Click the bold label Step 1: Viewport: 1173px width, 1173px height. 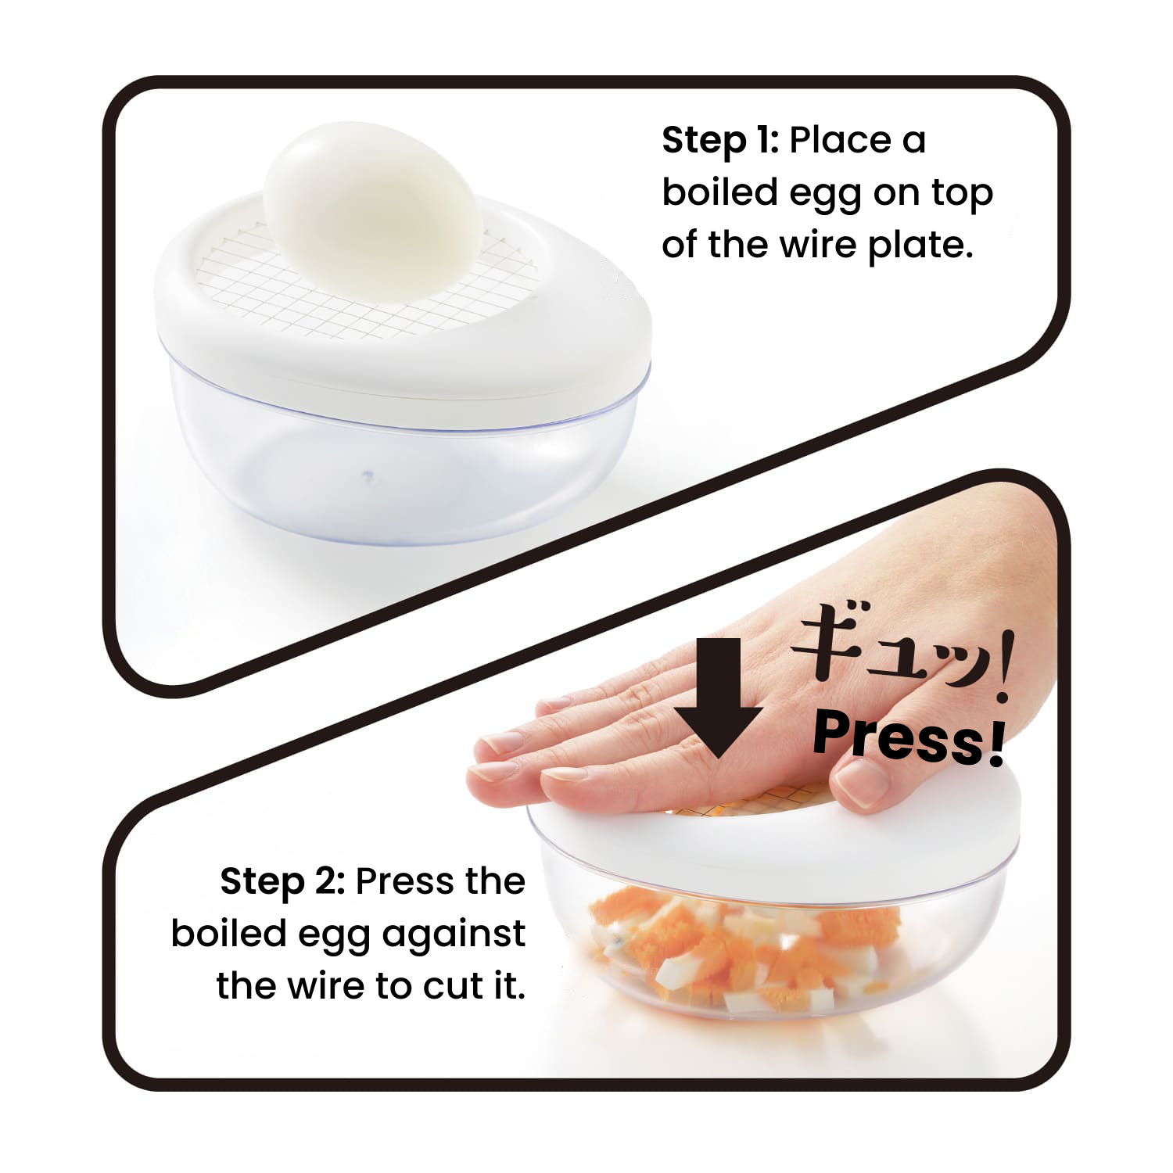pyautogui.click(x=719, y=142)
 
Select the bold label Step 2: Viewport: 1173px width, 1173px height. pyautogui.click(x=282, y=882)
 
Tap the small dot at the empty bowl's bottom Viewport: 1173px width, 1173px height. pyautogui.click(x=365, y=474)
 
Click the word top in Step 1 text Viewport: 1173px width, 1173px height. pyautogui.click(x=962, y=195)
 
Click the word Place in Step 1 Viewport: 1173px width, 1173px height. pyautogui.click(x=840, y=142)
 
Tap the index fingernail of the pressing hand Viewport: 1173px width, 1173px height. pyautogui.click(x=500, y=739)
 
